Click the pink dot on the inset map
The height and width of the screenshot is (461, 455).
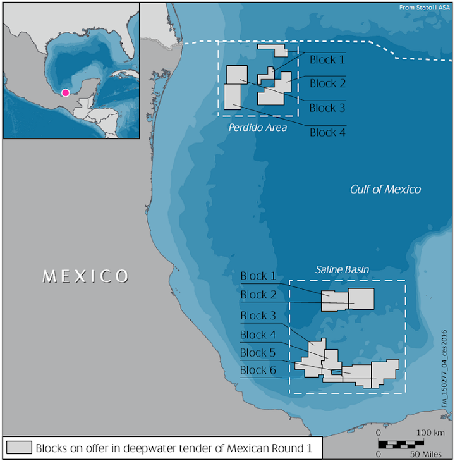point(65,92)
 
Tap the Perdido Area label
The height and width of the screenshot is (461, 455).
point(258,128)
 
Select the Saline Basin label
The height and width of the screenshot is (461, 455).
point(343,270)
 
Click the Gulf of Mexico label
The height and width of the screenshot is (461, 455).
point(385,190)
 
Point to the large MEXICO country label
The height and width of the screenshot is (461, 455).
point(86,276)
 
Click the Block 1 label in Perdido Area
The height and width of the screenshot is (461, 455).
point(327,60)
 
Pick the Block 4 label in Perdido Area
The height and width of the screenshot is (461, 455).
point(327,133)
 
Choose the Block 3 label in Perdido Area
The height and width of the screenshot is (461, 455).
point(327,108)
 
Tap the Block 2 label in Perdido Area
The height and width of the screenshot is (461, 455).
point(327,83)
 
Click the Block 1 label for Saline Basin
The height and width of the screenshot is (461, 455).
point(258,276)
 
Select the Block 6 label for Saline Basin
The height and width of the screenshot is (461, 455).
point(258,371)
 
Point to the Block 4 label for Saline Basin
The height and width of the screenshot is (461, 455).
point(258,335)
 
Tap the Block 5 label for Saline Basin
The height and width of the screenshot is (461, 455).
point(258,353)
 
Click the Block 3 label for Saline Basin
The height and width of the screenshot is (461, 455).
point(258,316)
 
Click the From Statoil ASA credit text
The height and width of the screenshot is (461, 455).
point(424,8)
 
